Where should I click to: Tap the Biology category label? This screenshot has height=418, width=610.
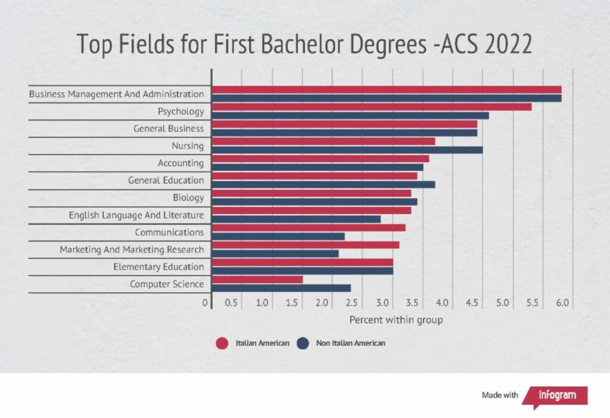(x=188, y=197)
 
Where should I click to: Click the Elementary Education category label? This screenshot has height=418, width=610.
(x=158, y=267)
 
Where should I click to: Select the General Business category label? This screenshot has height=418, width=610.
(x=169, y=128)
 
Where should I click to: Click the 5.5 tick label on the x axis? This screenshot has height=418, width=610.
(x=533, y=303)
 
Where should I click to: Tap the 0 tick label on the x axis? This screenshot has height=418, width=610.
(x=206, y=303)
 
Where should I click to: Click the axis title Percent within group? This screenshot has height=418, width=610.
(x=396, y=320)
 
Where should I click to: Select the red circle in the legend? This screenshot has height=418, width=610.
(x=222, y=343)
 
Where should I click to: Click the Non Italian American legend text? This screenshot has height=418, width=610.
(x=351, y=343)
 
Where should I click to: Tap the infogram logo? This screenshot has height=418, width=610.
(x=555, y=395)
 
